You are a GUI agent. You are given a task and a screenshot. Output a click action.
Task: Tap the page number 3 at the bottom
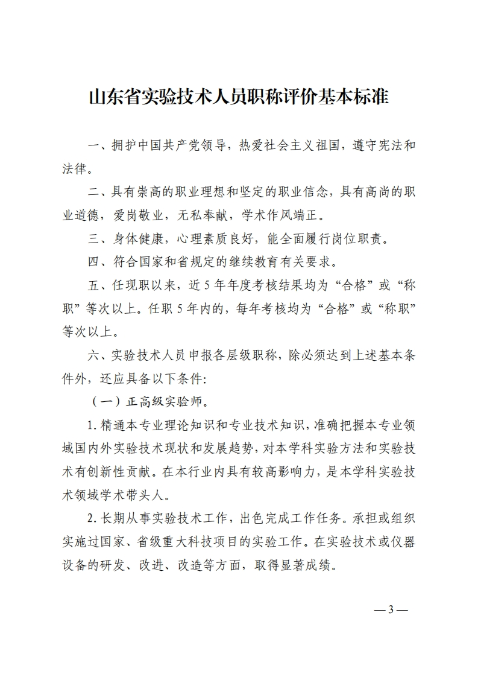pyautogui.click(x=391, y=609)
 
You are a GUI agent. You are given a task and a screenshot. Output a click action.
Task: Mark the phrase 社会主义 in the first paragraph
pyautogui.click(x=290, y=146)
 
